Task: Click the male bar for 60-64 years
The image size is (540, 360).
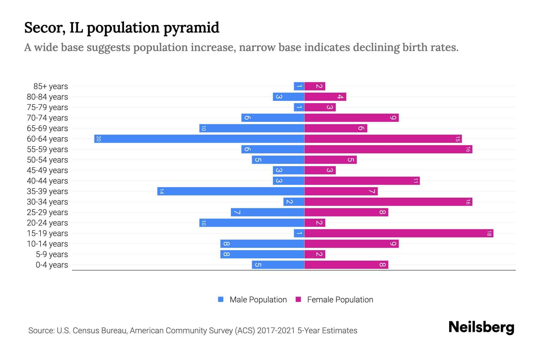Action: coord(199,139)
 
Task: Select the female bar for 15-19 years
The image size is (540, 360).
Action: coord(399,233)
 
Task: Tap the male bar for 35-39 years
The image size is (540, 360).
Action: coord(231,191)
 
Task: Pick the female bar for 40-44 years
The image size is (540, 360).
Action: coord(362,181)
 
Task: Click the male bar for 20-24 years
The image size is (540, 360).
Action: coord(252,223)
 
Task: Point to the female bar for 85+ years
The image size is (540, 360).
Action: coord(315,86)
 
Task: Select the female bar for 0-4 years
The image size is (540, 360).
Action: coord(346,265)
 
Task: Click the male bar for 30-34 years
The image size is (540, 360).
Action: coord(294,202)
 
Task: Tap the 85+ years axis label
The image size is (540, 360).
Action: coord(51,86)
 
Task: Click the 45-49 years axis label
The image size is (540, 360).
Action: coord(47,170)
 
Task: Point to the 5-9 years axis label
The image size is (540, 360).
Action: coord(52,254)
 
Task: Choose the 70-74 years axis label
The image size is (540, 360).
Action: coord(47,118)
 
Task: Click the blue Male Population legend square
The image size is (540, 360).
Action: coord(221,299)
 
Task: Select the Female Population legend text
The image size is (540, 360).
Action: coord(340,300)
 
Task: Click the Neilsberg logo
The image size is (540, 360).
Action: coord(481,327)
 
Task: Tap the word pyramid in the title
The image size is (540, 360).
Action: coord(191,28)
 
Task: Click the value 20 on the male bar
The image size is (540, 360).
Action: coord(98,139)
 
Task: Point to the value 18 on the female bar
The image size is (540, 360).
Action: coord(489,233)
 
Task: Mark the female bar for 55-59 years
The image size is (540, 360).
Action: coord(388,149)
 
